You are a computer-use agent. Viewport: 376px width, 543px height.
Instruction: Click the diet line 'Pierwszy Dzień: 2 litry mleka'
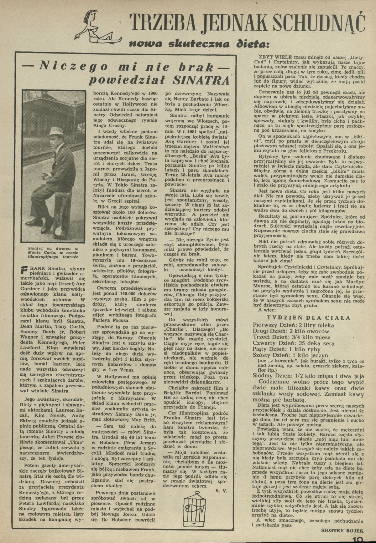[293, 325]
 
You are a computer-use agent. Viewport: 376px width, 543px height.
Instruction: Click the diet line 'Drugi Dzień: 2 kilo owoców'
[291, 331]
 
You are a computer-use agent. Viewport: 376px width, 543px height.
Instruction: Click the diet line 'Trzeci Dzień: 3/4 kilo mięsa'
[292, 337]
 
